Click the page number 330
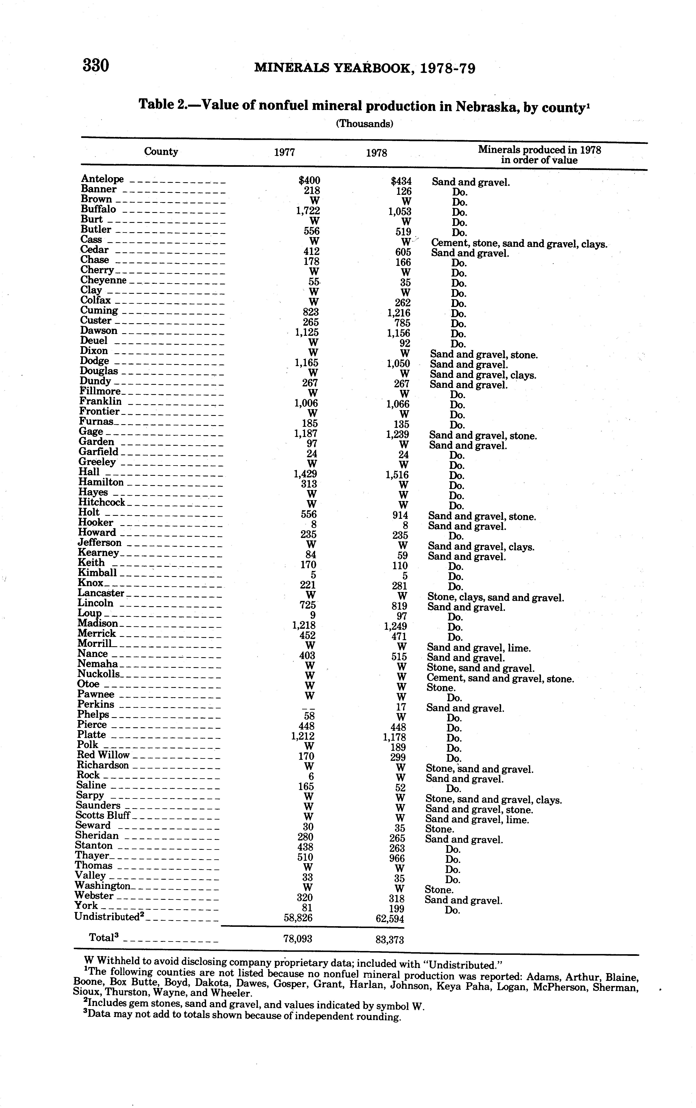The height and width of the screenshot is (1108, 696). pos(96,66)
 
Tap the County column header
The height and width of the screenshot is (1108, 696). pos(161,151)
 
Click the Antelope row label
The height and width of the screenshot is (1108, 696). pos(102,179)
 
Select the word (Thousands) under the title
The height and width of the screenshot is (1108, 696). pos(364,124)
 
